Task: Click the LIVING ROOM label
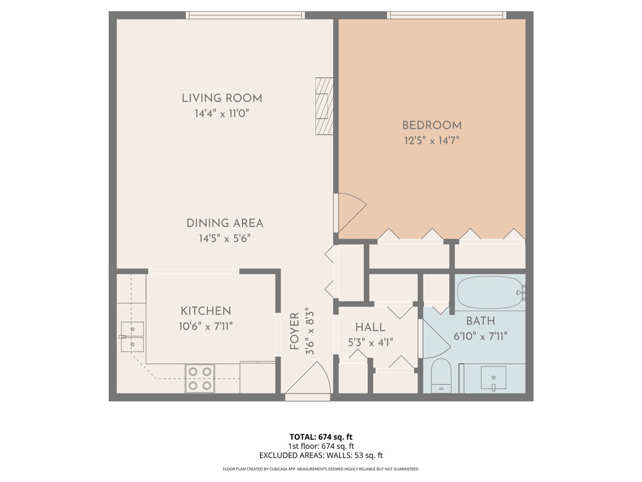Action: [x=221, y=98]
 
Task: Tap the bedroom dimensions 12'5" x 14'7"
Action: [x=432, y=141]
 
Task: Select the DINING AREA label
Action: [x=225, y=223]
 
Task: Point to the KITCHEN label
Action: [x=205, y=311]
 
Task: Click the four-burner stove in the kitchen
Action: [x=200, y=378]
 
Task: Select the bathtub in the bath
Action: [x=490, y=292]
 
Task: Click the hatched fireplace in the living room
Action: [x=324, y=106]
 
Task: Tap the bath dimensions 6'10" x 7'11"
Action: [x=480, y=336]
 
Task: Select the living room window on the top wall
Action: [x=245, y=15]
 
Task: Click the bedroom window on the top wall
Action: [x=446, y=15]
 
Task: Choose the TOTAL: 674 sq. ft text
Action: [x=320, y=436]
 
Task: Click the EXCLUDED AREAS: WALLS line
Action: [x=320, y=456]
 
